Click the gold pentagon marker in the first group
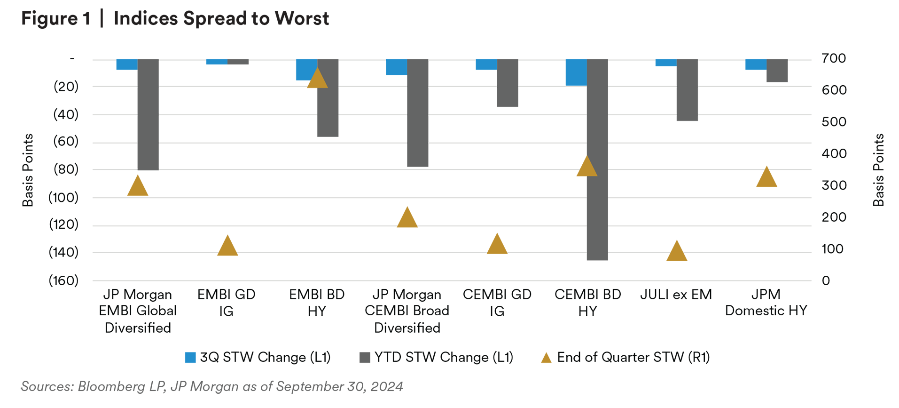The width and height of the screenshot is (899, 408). coord(138,185)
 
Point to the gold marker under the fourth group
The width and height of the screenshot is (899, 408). coord(407,221)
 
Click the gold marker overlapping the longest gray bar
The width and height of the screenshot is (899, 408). coord(584,170)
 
